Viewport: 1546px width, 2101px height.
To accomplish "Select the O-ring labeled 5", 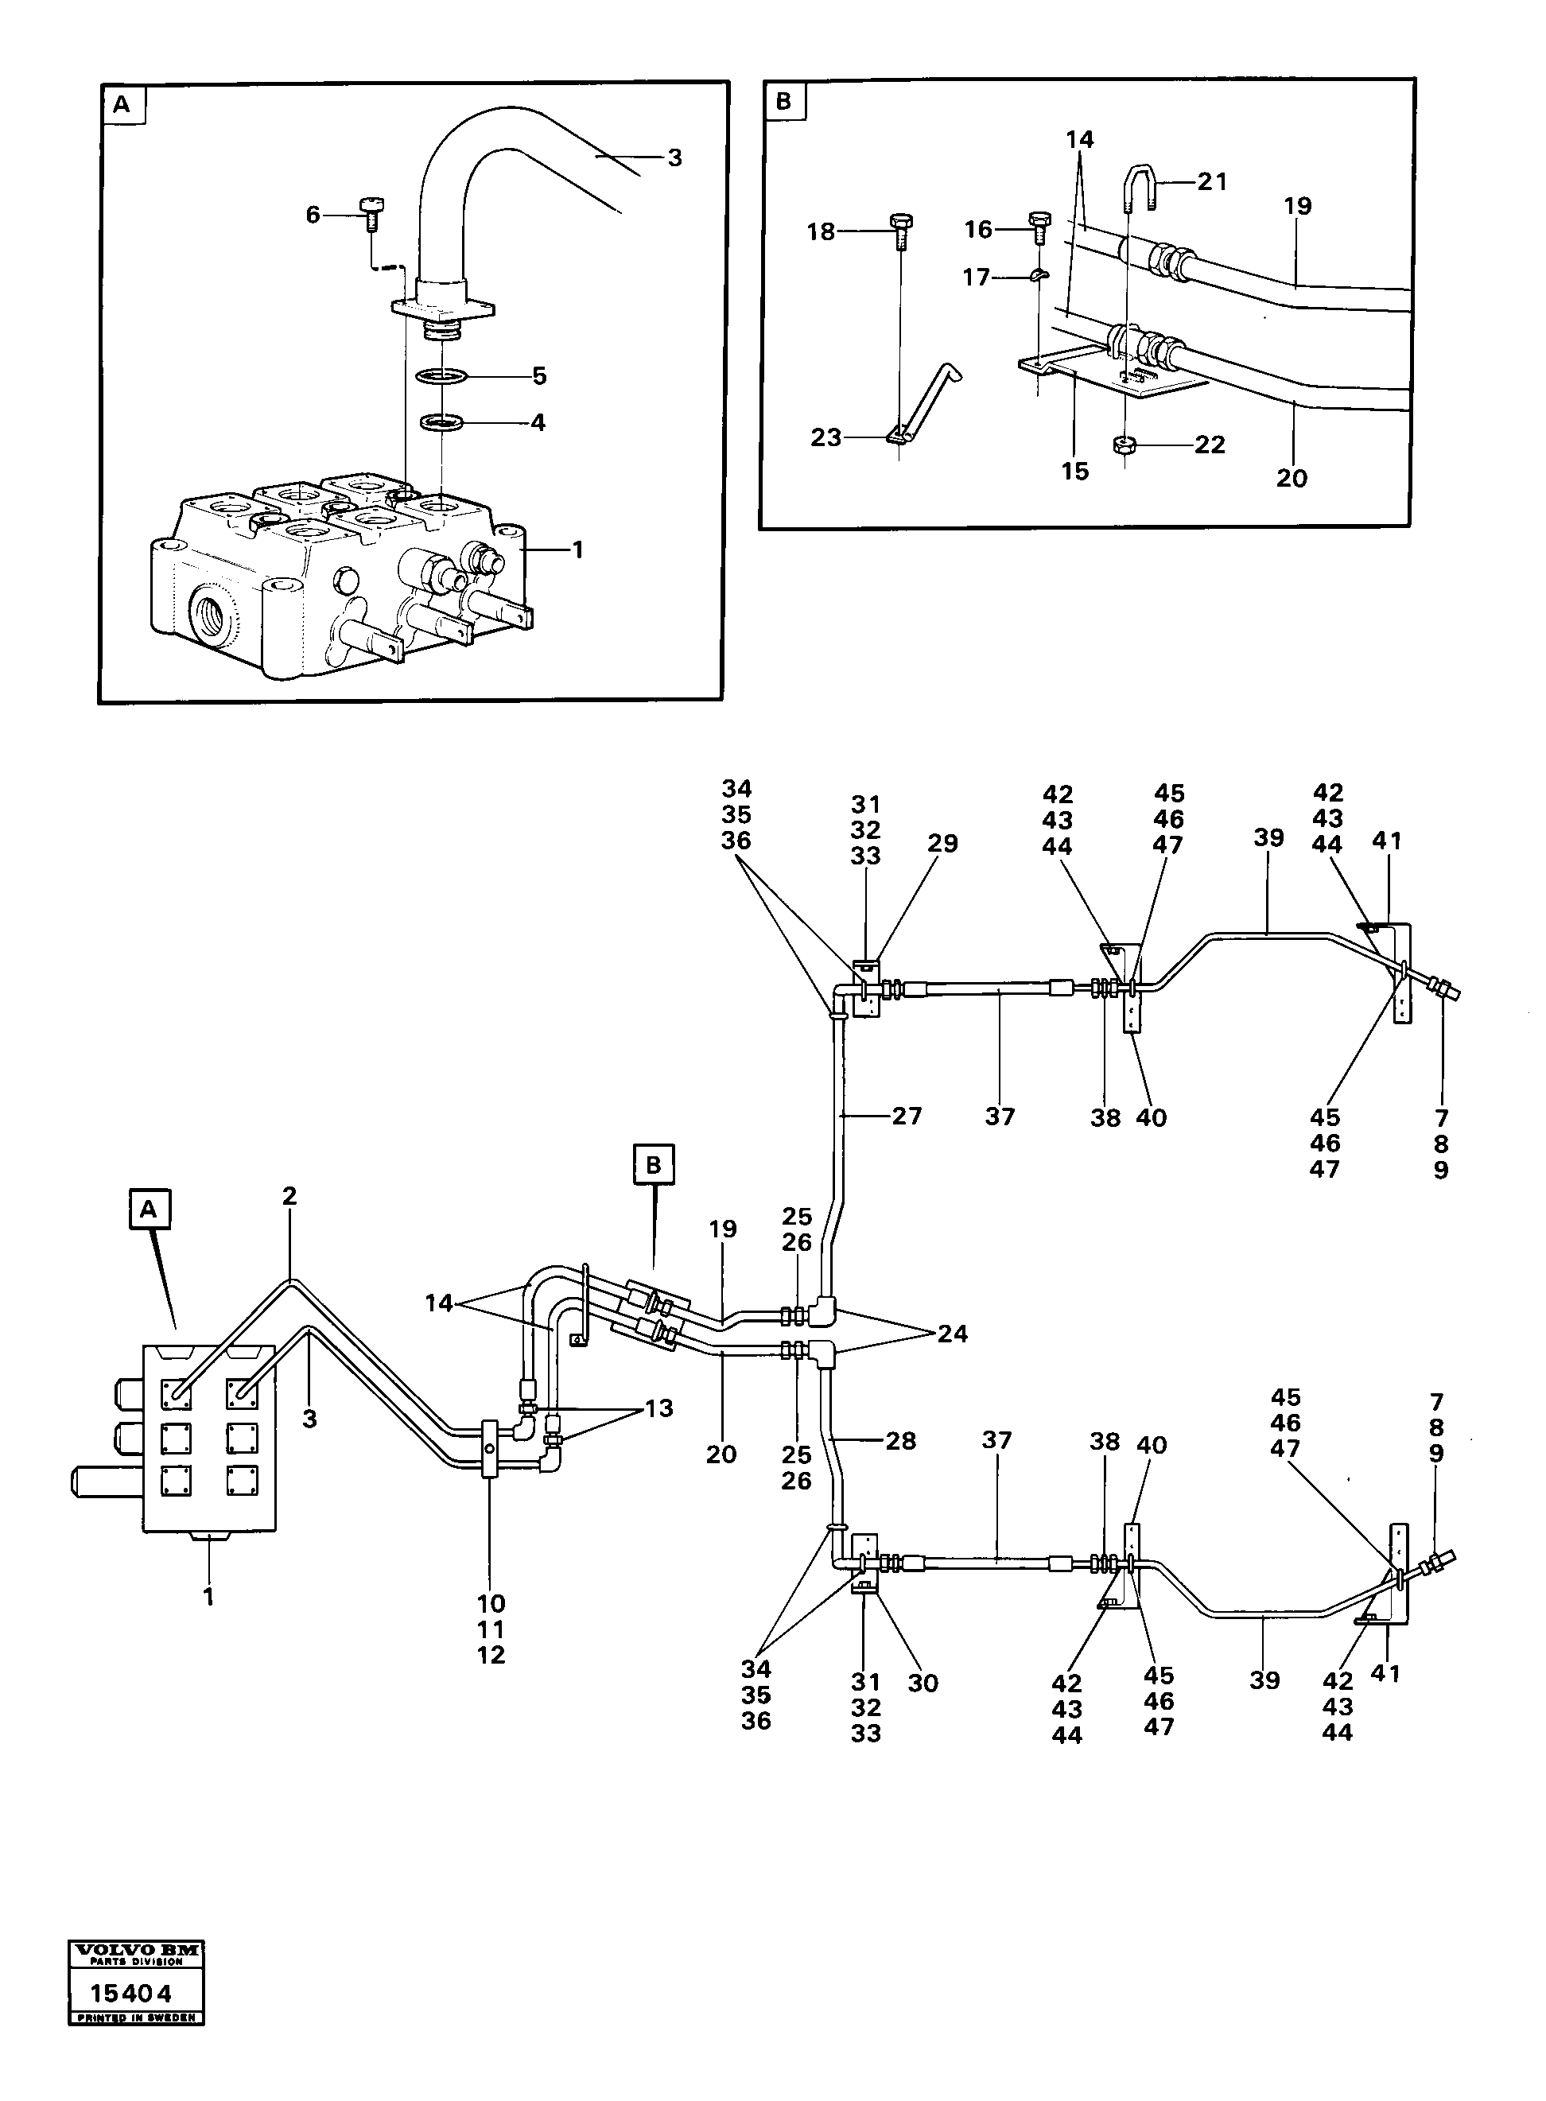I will click(x=441, y=377).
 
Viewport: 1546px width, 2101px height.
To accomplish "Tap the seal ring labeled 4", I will click(x=441, y=422).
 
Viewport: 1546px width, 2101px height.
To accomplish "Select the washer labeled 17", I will click(x=1039, y=275).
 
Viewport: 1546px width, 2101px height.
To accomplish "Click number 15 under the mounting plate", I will click(x=1074, y=472).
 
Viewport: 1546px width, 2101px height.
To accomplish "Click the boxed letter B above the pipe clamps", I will click(x=653, y=1164).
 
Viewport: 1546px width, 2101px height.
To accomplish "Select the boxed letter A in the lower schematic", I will click(x=149, y=1210).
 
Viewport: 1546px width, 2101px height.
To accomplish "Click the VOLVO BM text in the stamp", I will click(x=136, y=1949).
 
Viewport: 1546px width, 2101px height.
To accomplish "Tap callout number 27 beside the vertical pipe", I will click(x=907, y=1116).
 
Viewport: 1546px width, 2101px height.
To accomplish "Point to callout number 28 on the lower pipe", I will click(x=900, y=1440).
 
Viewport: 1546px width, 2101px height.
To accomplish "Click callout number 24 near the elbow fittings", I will click(x=953, y=1334).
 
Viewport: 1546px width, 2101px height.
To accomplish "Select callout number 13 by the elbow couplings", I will click(x=658, y=1408).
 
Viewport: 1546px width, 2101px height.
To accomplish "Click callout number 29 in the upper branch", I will click(x=942, y=843).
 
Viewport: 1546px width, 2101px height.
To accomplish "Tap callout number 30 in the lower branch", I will click(x=923, y=1683).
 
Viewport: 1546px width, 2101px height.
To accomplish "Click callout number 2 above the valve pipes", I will click(x=289, y=1196).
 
